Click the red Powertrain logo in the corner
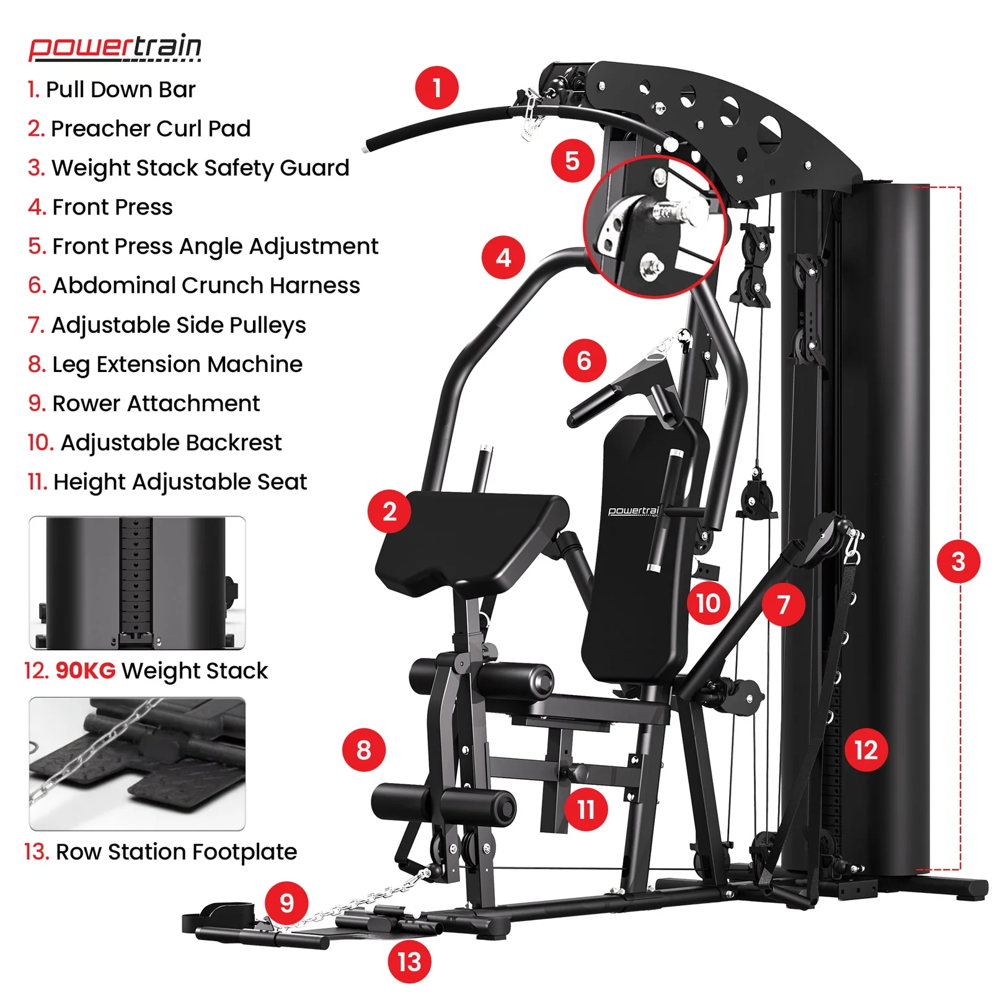(115, 48)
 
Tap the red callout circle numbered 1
(436, 88)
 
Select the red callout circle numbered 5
(572, 161)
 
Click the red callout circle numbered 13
(409, 962)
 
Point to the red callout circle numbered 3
(958, 561)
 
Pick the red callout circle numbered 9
(286, 903)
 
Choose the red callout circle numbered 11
(586, 809)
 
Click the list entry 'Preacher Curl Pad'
(139, 128)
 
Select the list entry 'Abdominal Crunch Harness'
(194, 285)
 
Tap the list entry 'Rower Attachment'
(144, 403)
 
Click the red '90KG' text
(86, 670)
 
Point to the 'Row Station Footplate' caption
(161, 852)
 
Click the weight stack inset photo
(137, 583)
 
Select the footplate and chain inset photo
(137, 764)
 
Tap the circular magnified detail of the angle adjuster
(655, 226)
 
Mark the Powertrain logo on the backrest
(633, 511)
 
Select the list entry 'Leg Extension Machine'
(165, 365)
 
